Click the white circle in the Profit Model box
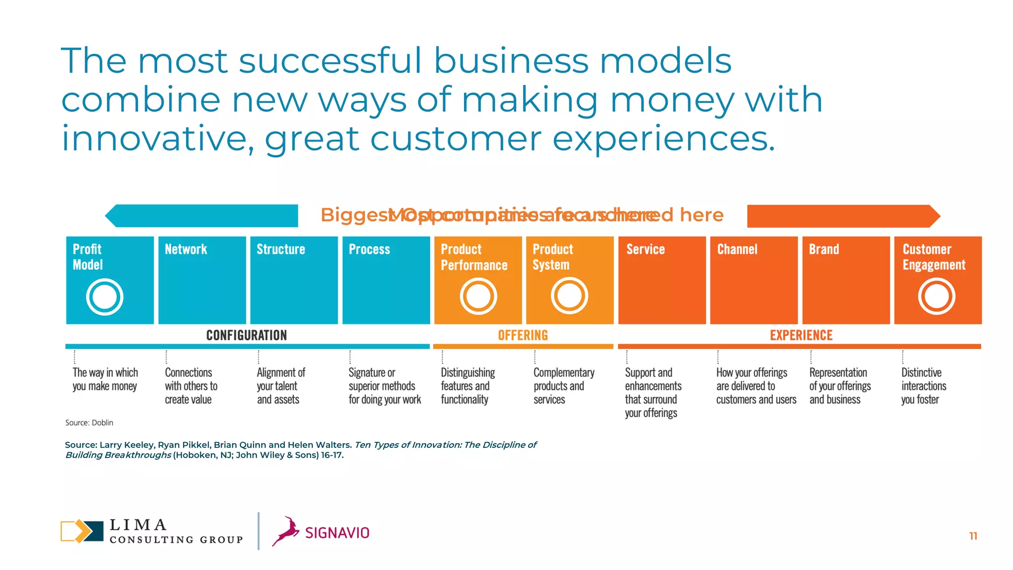coord(104,297)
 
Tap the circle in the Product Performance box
coord(478,296)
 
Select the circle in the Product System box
coord(569,296)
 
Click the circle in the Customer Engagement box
coord(936,296)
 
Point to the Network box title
coord(186,249)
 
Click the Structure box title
coord(280,249)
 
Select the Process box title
coord(369,249)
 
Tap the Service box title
coord(645,249)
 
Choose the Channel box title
coord(737,249)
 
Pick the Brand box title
coord(824,249)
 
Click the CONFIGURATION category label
coord(246,335)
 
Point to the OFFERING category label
coord(523,335)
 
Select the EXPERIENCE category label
coord(801,335)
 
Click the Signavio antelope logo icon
coord(286,531)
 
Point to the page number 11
coord(973,536)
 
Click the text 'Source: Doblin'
coord(89,423)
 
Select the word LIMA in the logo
coord(138,524)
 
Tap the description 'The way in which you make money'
coord(105,379)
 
